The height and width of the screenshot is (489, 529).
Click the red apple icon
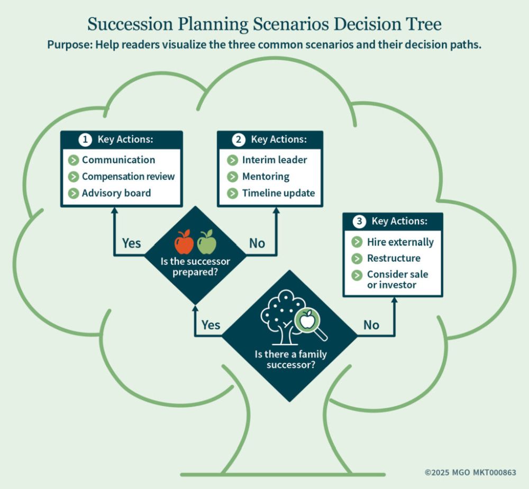click(x=184, y=243)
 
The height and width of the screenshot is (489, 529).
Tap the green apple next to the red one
click(x=207, y=243)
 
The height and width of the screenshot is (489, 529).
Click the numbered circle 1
click(x=85, y=140)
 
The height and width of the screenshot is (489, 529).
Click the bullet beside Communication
click(x=74, y=160)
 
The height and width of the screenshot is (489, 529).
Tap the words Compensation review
click(x=128, y=176)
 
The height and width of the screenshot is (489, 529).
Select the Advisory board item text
click(x=116, y=193)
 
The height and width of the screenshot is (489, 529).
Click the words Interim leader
click(x=274, y=160)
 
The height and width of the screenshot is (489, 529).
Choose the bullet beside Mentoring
click(x=232, y=176)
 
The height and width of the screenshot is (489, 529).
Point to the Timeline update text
click(x=278, y=193)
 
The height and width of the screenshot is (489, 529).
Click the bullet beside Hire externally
click(x=357, y=242)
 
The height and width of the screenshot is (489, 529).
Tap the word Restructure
click(x=394, y=259)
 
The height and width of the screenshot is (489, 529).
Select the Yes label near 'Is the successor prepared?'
click(x=132, y=243)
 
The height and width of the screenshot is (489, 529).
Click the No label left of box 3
click(x=371, y=325)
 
